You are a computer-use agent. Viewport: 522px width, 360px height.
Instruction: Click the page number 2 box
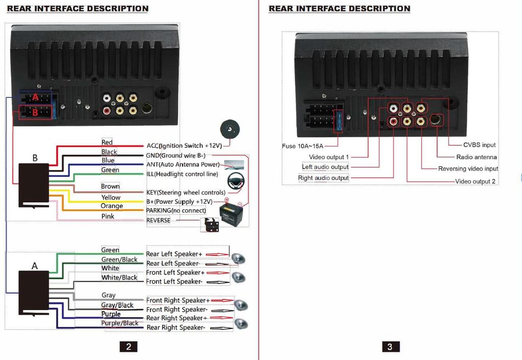click(x=128, y=347)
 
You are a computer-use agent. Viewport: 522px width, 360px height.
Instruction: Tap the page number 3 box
click(x=390, y=347)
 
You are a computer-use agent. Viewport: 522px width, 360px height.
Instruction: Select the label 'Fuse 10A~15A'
click(x=303, y=146)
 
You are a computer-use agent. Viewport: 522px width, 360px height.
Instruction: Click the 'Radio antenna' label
click(x=476, y=157)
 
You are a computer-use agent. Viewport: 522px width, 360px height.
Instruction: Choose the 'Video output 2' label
click(x=475, y=182)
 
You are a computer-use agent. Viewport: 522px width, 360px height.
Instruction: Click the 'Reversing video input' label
click(x=468, y=169)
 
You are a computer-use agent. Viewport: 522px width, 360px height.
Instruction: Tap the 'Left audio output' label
click(x=325, y=167)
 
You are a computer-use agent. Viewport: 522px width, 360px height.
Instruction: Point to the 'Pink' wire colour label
click(x=108, y=216)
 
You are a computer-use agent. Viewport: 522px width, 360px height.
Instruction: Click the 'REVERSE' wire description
click(x=158, y=220)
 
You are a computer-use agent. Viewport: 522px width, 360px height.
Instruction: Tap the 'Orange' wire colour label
click(x=112, y=206)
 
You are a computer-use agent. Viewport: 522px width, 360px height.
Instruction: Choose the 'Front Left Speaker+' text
click(x=175, y=273)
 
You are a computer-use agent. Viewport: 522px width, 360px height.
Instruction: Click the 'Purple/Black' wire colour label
click(x=119, y=323)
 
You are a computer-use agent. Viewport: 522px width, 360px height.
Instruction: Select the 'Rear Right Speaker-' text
click(x=176, y=327)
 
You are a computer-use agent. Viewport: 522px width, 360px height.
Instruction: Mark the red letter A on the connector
click(x=35, y=97)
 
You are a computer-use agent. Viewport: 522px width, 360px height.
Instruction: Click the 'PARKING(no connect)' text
click(x=176, y=211)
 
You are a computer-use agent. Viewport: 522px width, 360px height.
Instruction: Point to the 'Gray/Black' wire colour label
click(x=117, y=305)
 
